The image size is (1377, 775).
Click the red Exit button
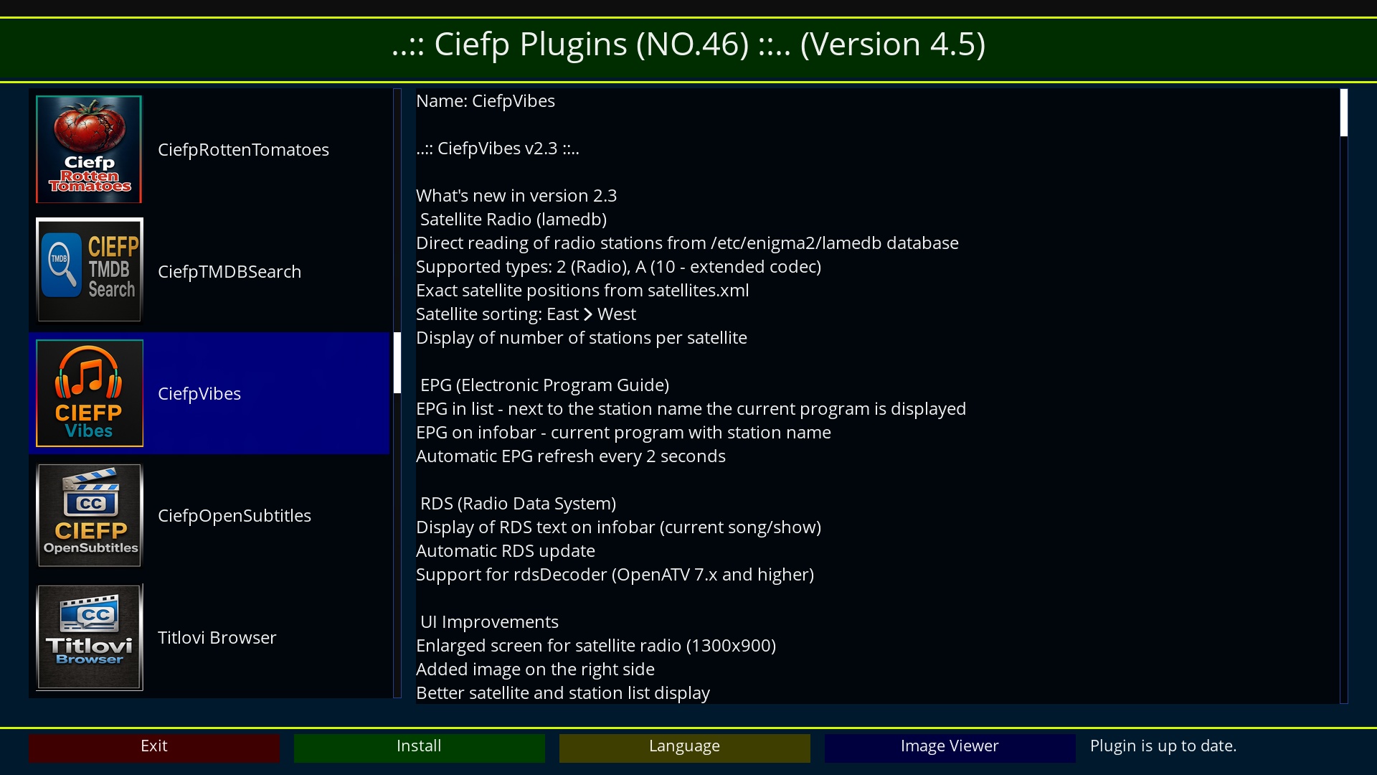pyautogui.click(x=154, y=747)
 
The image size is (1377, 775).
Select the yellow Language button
pyautogui.click(x=685, y=747)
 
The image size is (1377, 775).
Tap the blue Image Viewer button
pyautogui.click(x=950, y=747)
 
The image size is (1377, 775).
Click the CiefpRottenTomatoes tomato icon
pyautogui.click(x=89, y=149)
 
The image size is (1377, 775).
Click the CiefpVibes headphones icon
pyautogui.click(x=89, y=393)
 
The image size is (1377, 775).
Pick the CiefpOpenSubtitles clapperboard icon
pyautogui.click(x=89, y=515)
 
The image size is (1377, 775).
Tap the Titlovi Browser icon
pyautogui.click(x=89, y=637)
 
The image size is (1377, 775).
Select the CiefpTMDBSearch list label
pyautogui.click(x=229, y=272)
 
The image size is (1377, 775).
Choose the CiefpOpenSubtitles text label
pyautogui.click(x=235, y=516)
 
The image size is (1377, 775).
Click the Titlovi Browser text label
pyautogui.click(x=217, y=638)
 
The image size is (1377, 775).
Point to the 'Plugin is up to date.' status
pyautogui.click(x=1163, y=746)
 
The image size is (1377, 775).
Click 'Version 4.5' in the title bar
pyautogui.click(x=893, y=44)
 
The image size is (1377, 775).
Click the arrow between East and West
pyautogui.click(x=588, y=314)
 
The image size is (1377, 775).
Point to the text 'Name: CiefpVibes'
pyautogui.click(x=486, y=101)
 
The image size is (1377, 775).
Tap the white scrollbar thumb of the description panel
pyautogui.click(x=1344, y=113)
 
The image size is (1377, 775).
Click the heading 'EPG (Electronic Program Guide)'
pyautogui.click(x=544, y=385)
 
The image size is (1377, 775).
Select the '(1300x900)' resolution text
pyautogui.click(x=731, y=646)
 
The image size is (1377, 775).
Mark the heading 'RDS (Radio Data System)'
pyautogui.click(x=518, y=504)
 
